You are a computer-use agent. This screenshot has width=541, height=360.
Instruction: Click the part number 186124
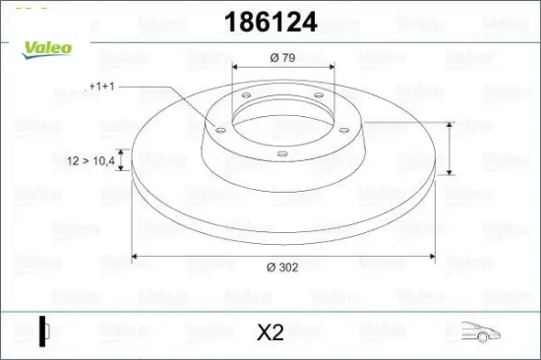coord(270,22)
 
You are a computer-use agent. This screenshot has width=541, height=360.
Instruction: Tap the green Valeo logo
coord(47,50)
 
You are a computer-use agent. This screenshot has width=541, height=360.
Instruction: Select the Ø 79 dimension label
coord(282,58)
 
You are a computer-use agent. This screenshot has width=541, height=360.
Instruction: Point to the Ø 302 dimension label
coord(282,267)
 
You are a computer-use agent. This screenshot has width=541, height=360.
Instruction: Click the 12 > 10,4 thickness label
coord(91,160)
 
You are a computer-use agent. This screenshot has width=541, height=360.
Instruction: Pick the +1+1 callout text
coord(101,87)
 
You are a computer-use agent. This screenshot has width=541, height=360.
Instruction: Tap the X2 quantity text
coord(270,332)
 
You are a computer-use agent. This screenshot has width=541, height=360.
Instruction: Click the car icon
coord(481,332)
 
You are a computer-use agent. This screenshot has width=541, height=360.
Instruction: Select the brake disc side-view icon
coord(44,331)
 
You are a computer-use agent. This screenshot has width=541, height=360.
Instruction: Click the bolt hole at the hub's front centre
coord(282,153)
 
